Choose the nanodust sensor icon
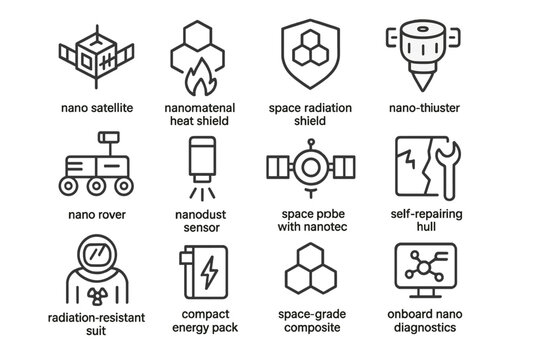[198, 165]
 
